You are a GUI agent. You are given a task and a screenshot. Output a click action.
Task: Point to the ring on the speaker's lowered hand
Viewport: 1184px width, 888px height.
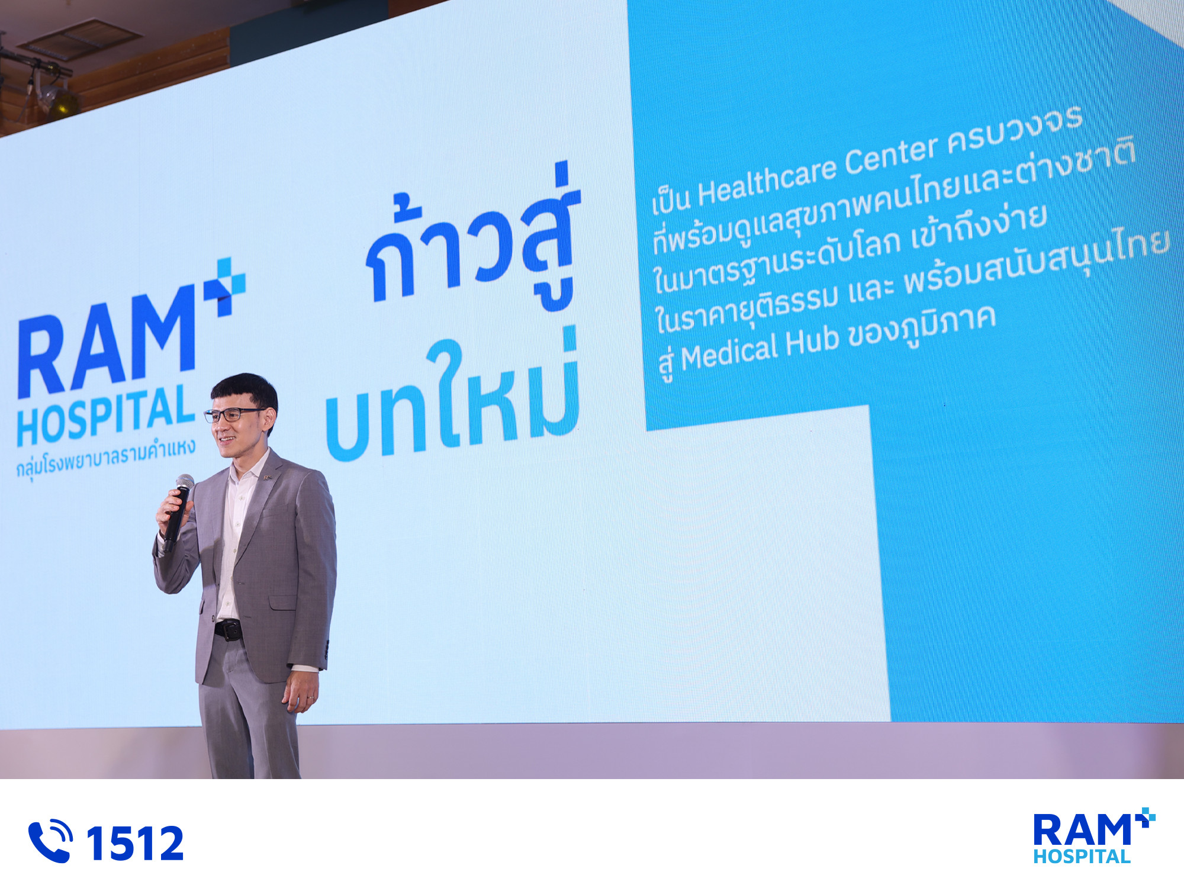tap(310, 699)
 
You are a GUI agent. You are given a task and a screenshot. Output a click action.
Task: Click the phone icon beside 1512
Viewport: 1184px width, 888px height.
tap(50, 841)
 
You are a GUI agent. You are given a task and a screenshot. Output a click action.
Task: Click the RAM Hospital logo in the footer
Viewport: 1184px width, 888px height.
tap(1094, 835)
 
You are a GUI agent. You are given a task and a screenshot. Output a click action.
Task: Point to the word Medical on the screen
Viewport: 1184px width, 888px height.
tap(729, 352)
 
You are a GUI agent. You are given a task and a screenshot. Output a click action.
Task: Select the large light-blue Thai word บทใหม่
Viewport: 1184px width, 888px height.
tap(452, 393)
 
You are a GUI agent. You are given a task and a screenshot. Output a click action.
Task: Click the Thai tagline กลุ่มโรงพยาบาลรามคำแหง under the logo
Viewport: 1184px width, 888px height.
tap(105, 457)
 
